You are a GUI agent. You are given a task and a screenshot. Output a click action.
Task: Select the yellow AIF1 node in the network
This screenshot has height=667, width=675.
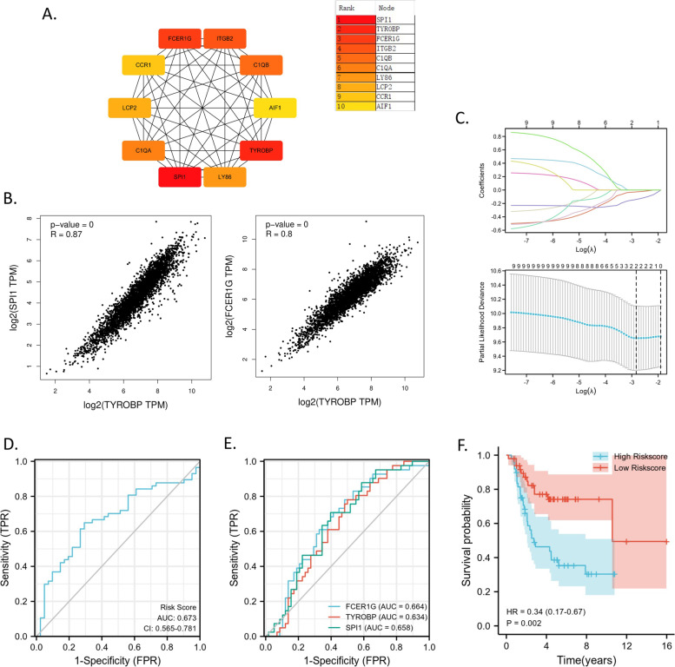[x=275, y=108]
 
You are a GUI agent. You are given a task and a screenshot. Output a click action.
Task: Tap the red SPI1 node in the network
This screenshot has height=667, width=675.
[x=181, y=177]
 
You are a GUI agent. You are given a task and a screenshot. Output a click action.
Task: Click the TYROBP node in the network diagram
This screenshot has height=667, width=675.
[x=262, y=150]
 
